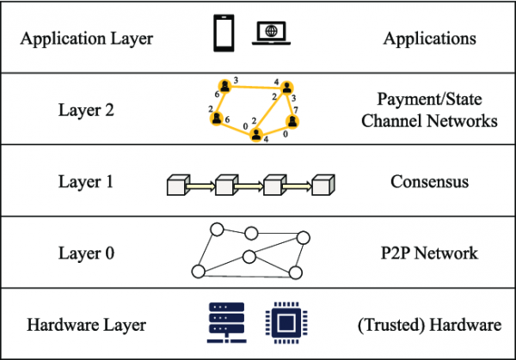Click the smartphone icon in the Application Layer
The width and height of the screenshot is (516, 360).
pos(224,33)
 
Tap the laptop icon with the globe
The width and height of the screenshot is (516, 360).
pos(271,33)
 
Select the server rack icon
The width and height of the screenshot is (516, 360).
pos(227,322)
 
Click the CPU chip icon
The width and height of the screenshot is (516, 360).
pos(286,323)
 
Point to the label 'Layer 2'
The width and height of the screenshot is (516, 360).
pos(86,110)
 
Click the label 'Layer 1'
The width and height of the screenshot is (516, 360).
pos(86,181)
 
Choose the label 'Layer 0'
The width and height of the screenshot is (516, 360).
pos(86,253)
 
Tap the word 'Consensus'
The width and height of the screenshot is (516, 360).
pos(429,181)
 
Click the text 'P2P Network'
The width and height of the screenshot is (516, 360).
pos(429,253)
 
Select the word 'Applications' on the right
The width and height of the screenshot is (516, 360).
pos(429,39)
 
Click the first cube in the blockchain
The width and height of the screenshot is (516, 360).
pos(178,185)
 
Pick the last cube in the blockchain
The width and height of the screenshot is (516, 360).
pos(323,185)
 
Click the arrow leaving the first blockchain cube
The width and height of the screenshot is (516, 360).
pos(200,186)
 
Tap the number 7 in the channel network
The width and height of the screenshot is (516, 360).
pos(296,110)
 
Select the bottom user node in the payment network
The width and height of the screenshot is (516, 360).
pos(256,135)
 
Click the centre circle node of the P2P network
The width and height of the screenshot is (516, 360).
pos(249,257)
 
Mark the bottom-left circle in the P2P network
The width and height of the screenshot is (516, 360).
pos(199,272)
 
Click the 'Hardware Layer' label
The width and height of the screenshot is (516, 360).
pos(86,325)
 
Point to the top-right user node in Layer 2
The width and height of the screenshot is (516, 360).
pos(287,88)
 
